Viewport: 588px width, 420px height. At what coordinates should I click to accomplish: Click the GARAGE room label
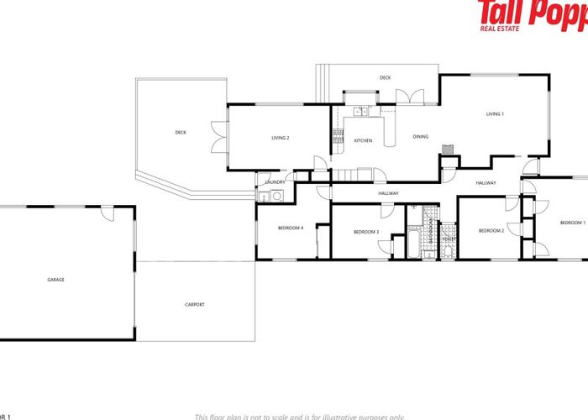(56, 280)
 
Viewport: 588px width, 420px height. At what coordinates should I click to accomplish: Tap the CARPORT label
(194, 304)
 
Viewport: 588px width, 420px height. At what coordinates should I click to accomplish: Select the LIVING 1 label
(496, 113)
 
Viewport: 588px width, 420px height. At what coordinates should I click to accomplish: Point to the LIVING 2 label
(280, 138)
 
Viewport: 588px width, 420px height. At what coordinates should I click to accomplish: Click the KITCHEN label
(363, 140)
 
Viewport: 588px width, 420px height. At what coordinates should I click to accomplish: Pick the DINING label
(421, 136)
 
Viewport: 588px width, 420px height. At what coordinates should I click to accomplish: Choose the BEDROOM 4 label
(291, 228)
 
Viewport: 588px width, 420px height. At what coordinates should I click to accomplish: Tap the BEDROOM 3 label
(366, 232)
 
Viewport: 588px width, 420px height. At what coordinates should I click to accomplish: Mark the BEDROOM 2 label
(491, 230)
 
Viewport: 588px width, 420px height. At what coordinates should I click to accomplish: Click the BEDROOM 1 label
(573, 222)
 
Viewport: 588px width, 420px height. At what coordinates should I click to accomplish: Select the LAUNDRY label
(276, 182)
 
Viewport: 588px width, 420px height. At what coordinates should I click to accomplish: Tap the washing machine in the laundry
(264, 197)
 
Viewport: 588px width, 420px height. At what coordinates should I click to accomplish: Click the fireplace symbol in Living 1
(449, 148)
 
